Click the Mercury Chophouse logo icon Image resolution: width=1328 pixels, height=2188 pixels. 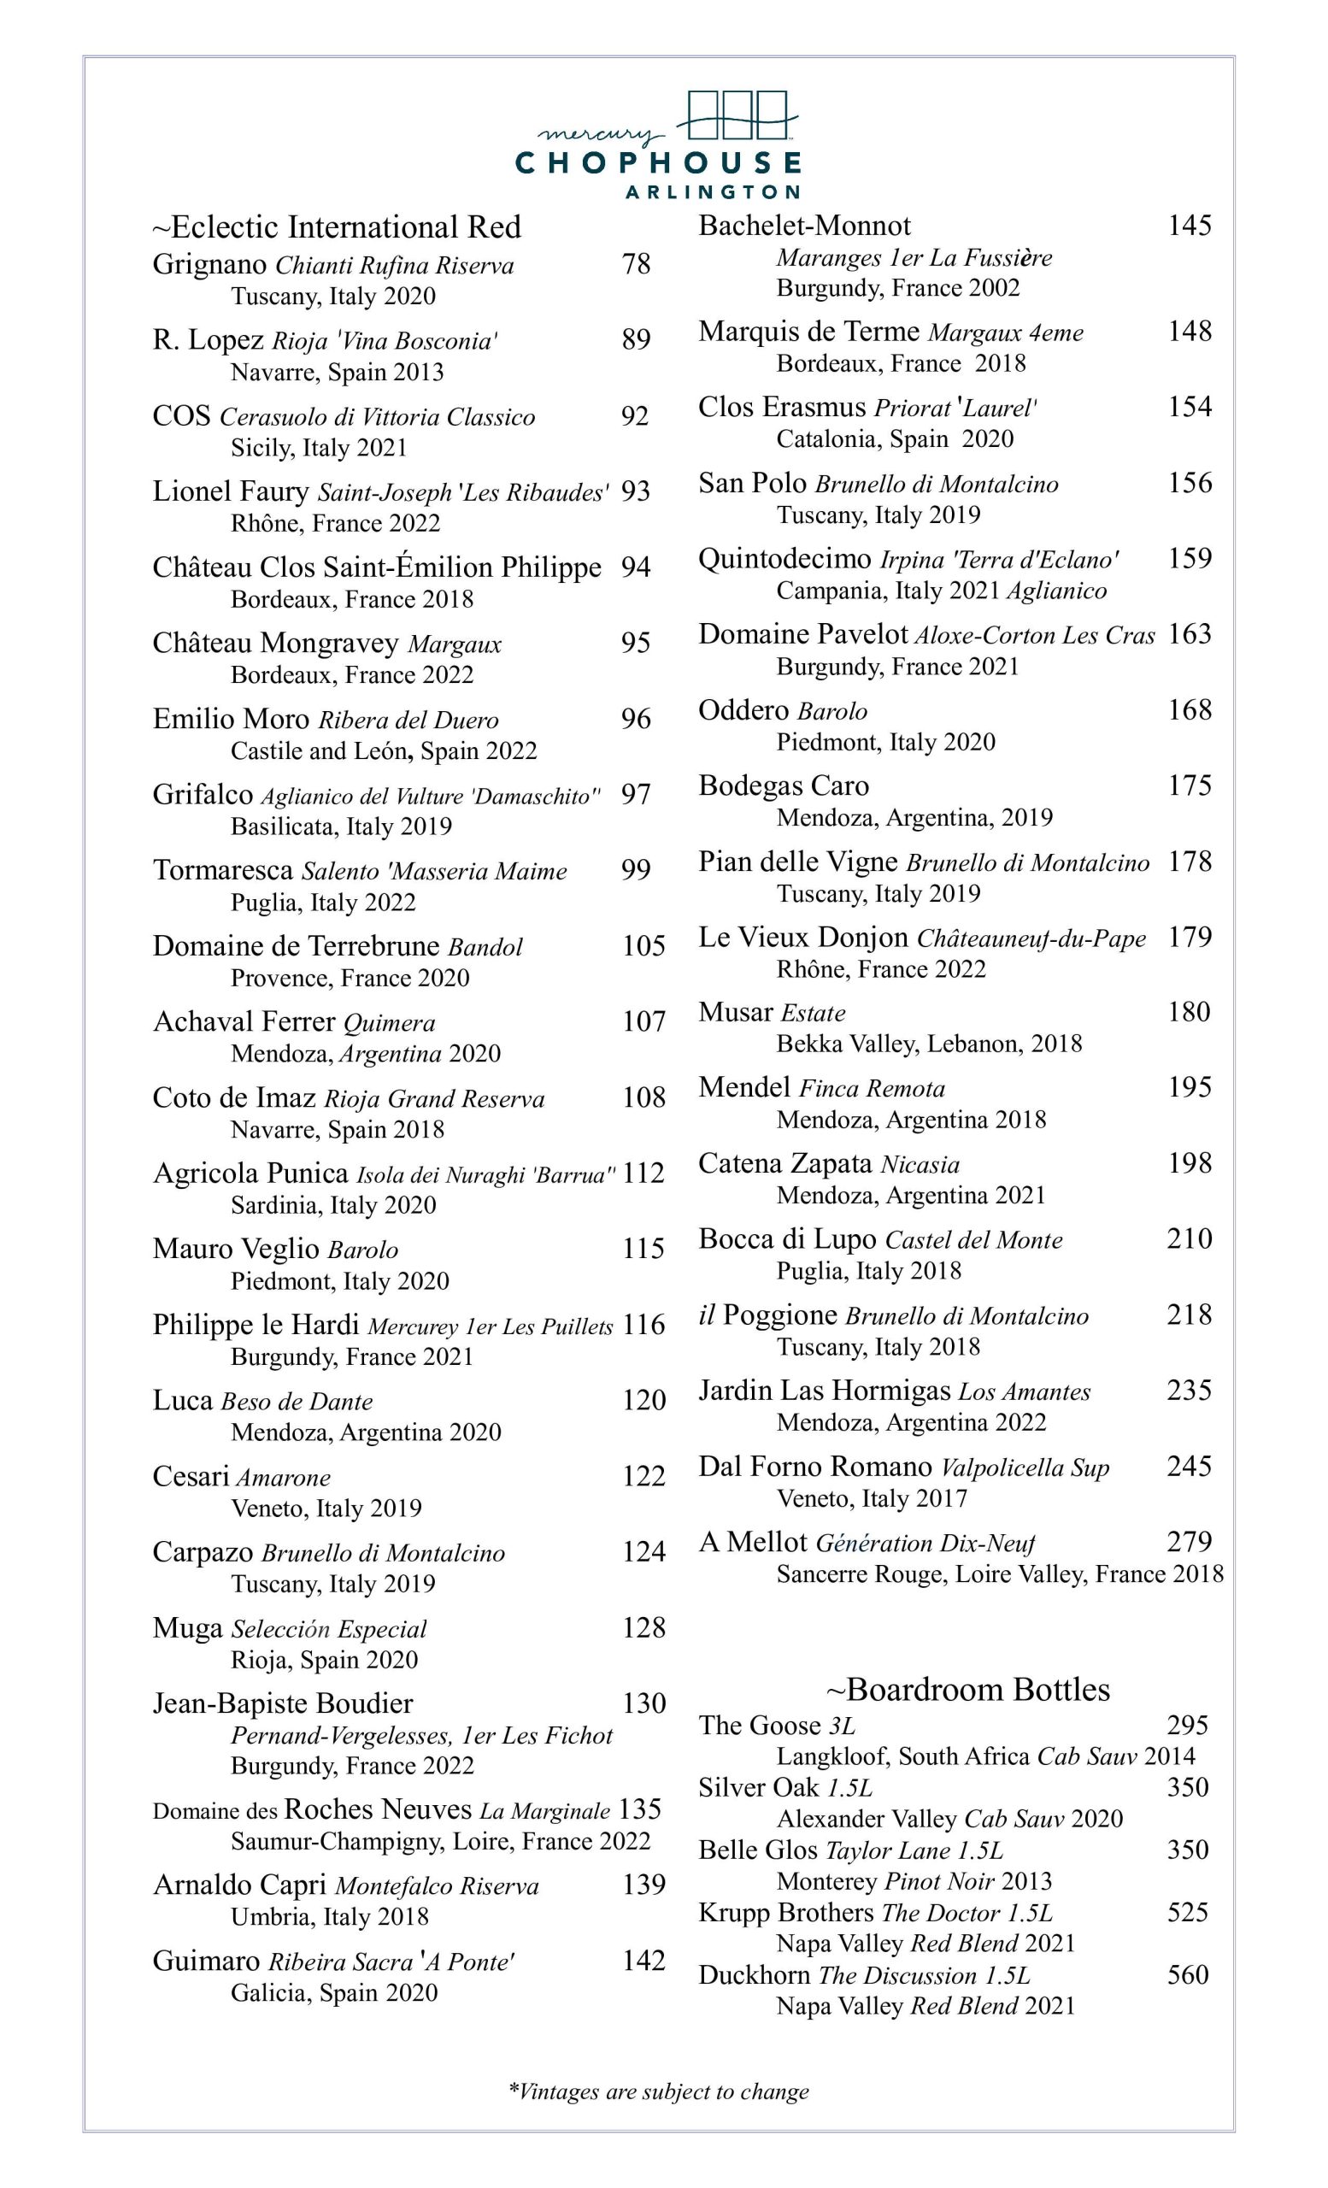tap(737, 116)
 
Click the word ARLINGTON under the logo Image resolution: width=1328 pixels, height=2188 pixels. tap(712, 191)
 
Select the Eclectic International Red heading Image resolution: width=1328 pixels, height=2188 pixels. tap(338, 227)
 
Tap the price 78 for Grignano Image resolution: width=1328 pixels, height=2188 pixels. tap(636, 264)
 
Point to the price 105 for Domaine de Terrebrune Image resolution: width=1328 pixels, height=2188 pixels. tap(643, 945)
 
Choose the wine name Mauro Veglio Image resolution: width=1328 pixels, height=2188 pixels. tap(236, 1249)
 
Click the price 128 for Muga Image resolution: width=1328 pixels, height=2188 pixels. tap(643, 1627)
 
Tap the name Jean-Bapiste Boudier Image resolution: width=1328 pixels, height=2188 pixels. tap(282, 1703)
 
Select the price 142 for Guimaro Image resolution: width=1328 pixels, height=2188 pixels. tap(643, 1960)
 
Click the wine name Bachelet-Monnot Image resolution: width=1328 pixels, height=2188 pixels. tap(804, 226)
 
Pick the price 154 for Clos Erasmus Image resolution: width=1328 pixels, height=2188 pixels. tap(1190, 407)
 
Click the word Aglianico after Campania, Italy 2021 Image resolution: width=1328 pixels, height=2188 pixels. tap(1056, 591)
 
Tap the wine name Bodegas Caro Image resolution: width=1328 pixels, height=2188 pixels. tap(784, 785)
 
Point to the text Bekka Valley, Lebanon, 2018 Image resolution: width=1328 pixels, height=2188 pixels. tap(929, 1044)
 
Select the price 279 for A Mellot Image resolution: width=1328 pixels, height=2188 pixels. tap(1190, 1542)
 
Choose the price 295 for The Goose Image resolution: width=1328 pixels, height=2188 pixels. tap(1188, 1725)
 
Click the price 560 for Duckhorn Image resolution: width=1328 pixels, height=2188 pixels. tap(1188, 1974)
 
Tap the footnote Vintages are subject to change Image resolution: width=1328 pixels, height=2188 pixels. tap(659, 2091)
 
